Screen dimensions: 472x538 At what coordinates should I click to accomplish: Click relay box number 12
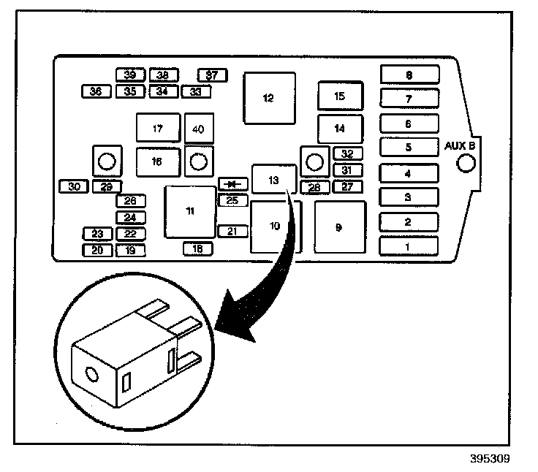pyautogui.click(x=270, y=98)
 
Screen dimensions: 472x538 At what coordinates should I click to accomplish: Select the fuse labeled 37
pyautogui.click(x=212, y=75)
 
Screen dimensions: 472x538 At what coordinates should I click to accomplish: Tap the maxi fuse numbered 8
pyautogui.click(x=409, y=75)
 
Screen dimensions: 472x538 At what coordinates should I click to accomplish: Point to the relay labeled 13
pyautogui.click(x=273, y=179)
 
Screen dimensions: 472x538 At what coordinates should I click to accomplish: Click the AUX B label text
pyautogui.click(x=461, y=145)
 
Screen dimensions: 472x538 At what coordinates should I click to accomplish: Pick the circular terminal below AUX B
pyautogui.click(x=465, y=164)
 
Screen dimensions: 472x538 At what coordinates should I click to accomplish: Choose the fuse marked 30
pyautogui.click(x=73, y=186)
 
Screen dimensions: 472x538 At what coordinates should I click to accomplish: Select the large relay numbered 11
pyautogui.click(x=190, y=212)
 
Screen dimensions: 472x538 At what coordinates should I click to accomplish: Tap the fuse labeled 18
pyautogui.click(x=197, y=249)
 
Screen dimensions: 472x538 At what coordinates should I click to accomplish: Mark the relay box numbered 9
pyautogui.click(x=339, y=227)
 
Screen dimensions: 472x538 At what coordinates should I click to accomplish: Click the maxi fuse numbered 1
pyautogui.click(x=408, y=246)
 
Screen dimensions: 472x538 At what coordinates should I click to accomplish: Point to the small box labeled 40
pyautogui.click(x=198, y=129)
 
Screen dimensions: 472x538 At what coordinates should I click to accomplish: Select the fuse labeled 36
pyautogui.click(x=96, y=91)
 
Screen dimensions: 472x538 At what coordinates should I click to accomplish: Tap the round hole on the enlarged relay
pyautogui.click(x=91, y=375)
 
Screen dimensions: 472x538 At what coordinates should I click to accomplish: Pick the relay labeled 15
pyautogui.click(x=338, y=96)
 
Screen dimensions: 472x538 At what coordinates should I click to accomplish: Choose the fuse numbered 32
pyautogui.click(x=347, y=154)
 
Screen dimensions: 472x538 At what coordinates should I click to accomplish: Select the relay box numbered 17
pyautogui.click(x=158, y=129)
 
